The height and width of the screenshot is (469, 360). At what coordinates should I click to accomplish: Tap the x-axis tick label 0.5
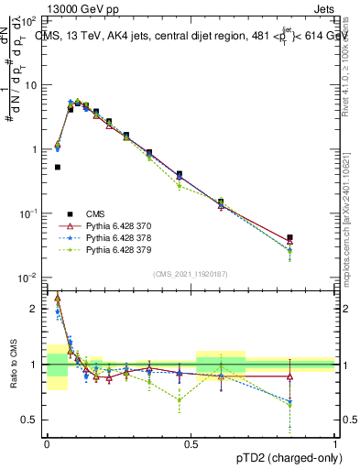tap(191, 442)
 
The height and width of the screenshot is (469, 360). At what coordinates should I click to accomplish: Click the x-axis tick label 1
tap(335, 442)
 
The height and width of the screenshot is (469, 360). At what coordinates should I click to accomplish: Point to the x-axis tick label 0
tap(47, 442)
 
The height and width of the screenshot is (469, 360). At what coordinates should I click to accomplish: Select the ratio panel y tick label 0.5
tap(30, 420)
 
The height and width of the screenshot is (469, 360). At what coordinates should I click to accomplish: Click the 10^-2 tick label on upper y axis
tap(27, 278)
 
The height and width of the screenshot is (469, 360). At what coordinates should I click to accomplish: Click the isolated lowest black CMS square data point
tap(58, 167)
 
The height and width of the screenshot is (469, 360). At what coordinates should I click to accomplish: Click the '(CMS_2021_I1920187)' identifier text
tap(191, 273)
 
